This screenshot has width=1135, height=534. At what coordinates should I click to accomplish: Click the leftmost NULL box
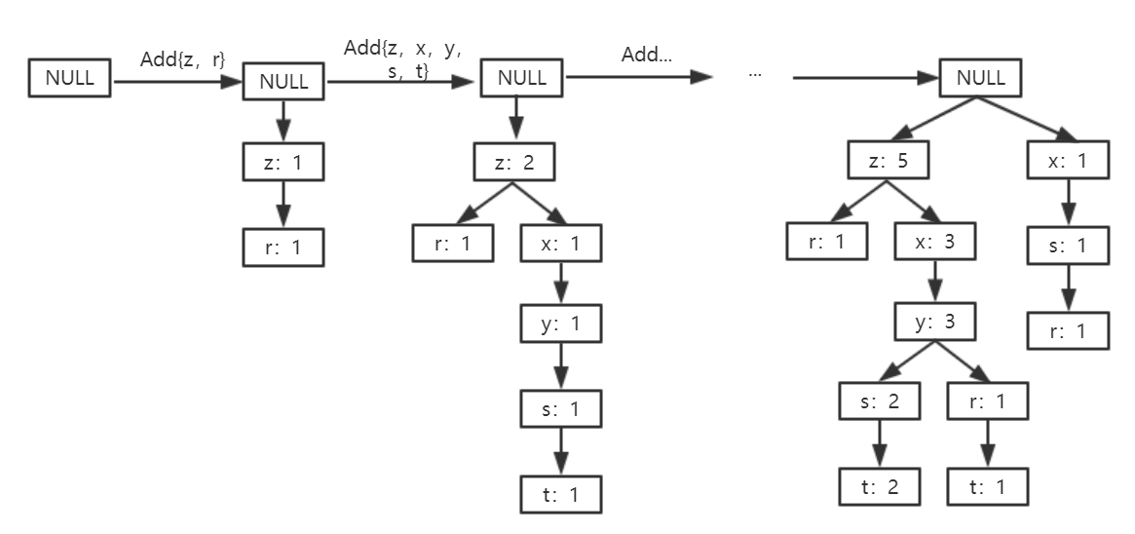coord(71,78)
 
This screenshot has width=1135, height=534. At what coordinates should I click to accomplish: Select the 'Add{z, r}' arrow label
coord(183,60)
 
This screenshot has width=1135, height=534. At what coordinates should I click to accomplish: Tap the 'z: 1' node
coord(283,164)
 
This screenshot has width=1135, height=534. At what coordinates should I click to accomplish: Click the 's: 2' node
coord(880,402)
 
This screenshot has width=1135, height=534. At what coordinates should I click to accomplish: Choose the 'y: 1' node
coord(560,324)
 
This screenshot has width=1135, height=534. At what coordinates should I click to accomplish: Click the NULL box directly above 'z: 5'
coord(980,78)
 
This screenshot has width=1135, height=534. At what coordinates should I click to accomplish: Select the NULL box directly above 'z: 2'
coord(521,78)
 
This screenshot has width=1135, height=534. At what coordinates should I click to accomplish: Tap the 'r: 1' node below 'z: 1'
coord(283,248)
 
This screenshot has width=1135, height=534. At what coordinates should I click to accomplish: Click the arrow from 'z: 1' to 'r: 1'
coord(283,206)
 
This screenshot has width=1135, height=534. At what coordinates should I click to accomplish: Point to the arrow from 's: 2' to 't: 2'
coord(880,442)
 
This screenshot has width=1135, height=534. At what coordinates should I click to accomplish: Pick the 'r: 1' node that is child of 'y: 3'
coord(986,402)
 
